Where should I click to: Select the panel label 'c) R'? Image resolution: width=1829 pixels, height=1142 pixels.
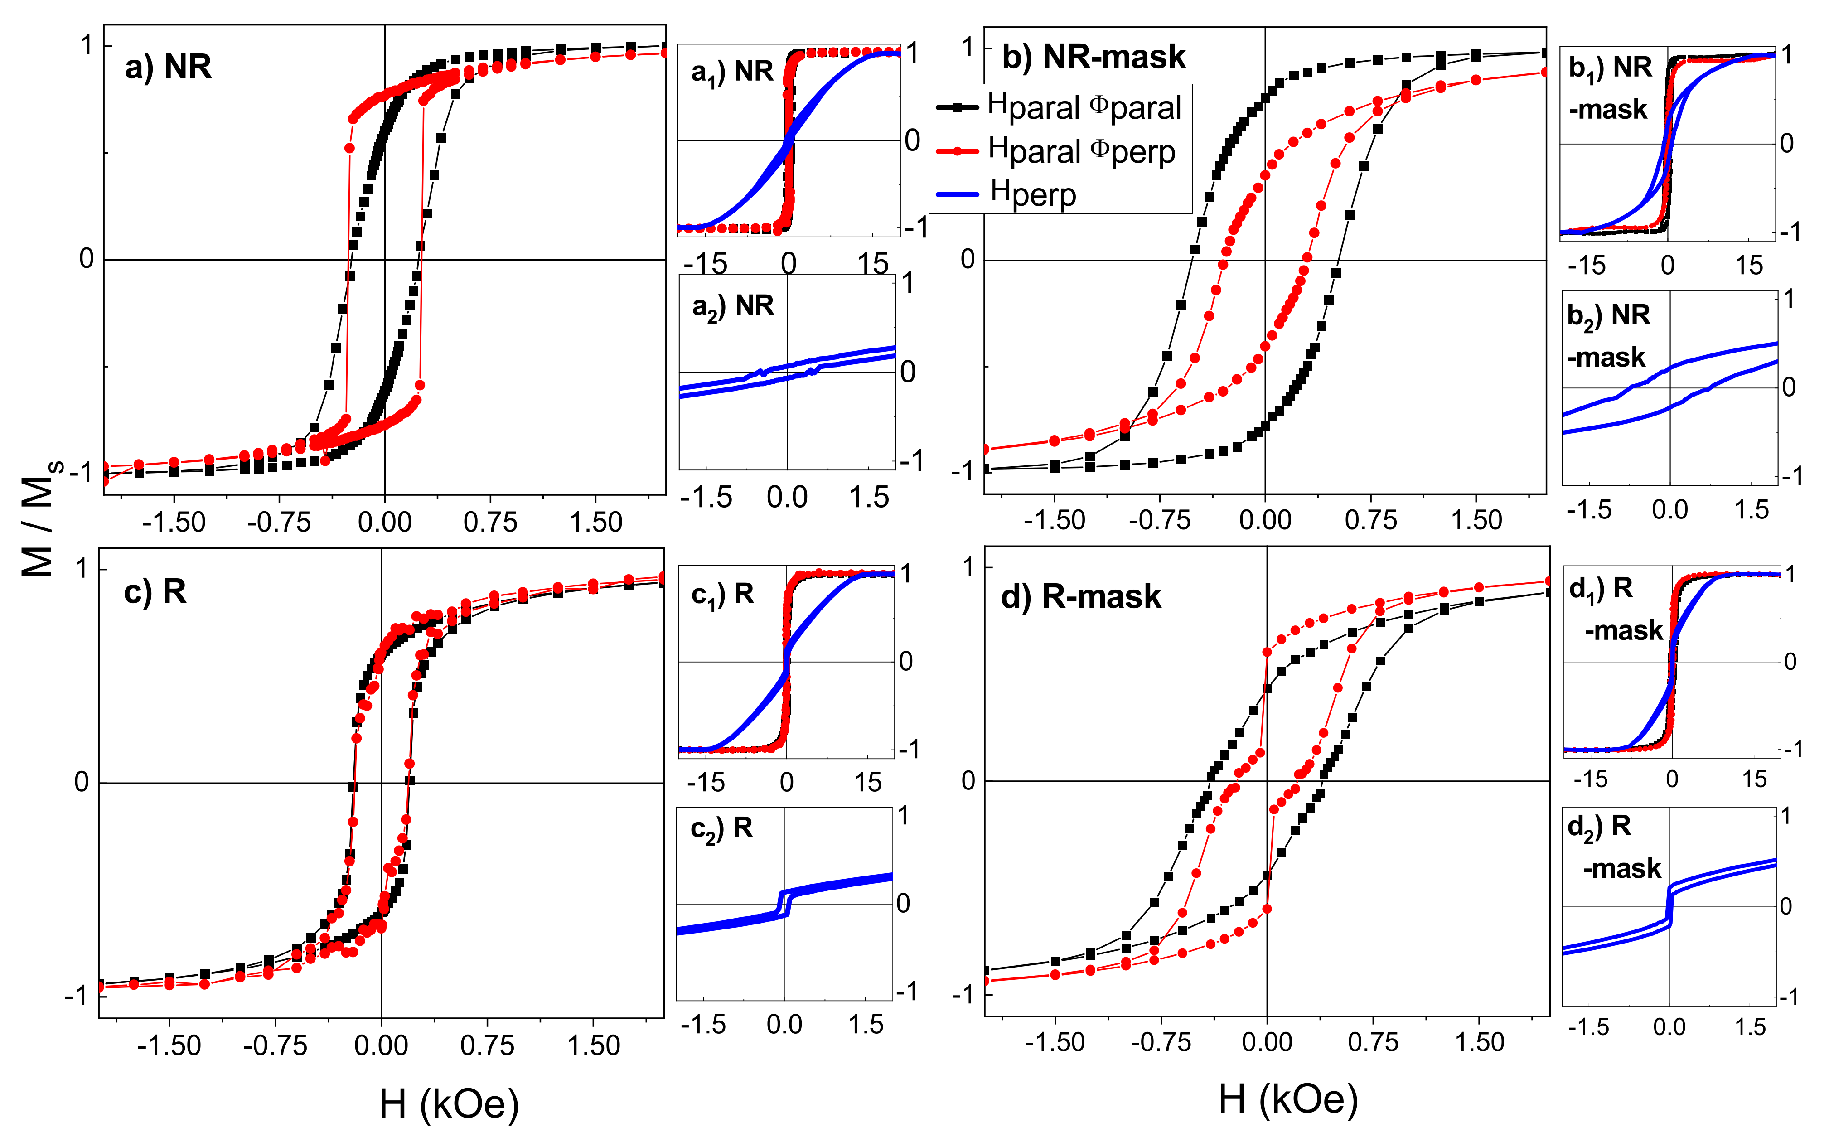coord(155,591)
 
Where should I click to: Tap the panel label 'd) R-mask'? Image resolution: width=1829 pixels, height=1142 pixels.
coord(1080,597)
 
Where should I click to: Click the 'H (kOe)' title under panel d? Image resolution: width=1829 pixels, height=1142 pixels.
coord(1287,1099)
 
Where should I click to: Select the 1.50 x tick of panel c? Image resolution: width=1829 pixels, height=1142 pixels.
coord(594,1045)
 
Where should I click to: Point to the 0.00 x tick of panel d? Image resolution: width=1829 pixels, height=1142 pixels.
coord(1267,1042)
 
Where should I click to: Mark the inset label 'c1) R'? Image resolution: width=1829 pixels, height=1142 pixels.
coord(722,595)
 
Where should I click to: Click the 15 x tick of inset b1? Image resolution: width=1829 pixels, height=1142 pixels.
coord(1748,266)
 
